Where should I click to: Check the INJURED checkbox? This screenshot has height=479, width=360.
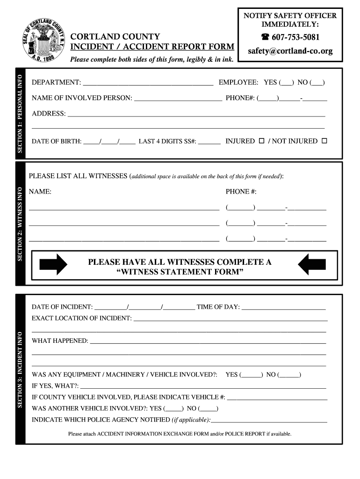pos(261,141)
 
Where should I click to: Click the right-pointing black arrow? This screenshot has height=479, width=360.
pos(53,265)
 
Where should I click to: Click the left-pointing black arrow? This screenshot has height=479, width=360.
pos(312,265)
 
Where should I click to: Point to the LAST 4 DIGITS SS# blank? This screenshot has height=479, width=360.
pos(209,143)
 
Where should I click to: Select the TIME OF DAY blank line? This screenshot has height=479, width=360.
pos(283,309)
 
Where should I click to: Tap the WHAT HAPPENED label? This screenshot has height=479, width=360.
pos(60,341)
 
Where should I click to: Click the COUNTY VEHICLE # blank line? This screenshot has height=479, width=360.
pos(277,399)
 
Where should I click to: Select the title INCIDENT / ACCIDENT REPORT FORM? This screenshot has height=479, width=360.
pos(152,47)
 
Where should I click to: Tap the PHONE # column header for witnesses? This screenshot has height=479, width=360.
pos(241,192)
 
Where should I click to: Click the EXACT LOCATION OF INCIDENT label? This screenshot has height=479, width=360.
pos(82,318)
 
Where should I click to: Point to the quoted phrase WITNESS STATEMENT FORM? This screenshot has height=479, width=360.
pos(180,272)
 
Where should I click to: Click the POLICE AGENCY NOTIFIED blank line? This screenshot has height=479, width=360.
pos(269,421)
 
